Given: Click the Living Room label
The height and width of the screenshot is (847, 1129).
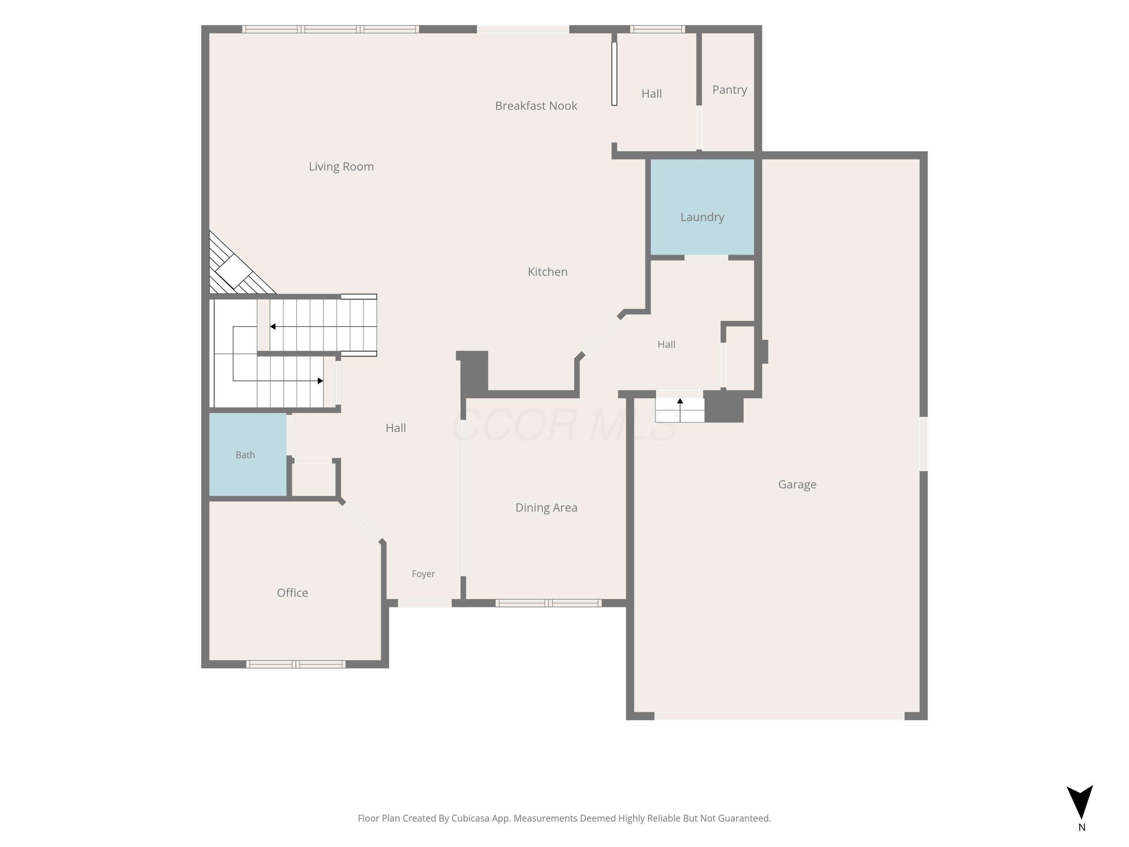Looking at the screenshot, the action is pos(341,166).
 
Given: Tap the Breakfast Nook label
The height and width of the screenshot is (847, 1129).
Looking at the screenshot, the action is pos(536,106).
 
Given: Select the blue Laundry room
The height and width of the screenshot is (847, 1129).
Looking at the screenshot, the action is pos(702,207).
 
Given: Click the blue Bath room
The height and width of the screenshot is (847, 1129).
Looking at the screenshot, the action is pos(248,454).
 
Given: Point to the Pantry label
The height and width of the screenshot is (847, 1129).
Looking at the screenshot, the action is pos(729,90).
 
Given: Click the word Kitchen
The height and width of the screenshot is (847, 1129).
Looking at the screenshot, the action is pos(547,272).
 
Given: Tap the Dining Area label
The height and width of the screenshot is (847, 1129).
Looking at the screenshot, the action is pos(546,507).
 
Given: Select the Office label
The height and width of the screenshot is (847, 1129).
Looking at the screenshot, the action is pos(292,593).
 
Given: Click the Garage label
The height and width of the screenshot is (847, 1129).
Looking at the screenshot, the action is pos(797,484).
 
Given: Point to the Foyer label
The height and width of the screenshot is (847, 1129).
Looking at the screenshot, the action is pos(423,574).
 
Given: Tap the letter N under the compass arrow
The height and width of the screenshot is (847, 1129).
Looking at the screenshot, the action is pos(1082,827).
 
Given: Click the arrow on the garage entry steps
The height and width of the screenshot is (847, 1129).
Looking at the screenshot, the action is pos(680,410).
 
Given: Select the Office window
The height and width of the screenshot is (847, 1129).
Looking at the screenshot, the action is pos(295,664).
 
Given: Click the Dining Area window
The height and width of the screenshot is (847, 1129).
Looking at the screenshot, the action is pos(548,603).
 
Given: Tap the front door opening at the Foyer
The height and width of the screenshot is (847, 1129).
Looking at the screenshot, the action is pos(425,603).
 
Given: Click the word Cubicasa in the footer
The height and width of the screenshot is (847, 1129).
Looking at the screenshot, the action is pos(470,818).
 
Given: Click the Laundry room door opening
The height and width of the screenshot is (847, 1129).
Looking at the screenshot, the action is pos(706,258).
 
